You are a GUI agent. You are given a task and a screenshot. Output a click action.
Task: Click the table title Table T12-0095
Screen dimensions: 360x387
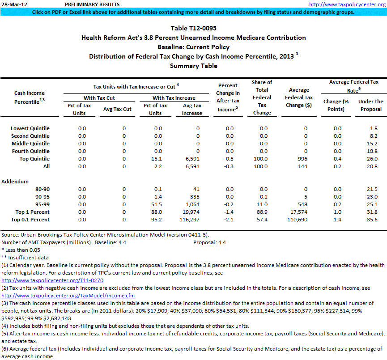pos(193,29)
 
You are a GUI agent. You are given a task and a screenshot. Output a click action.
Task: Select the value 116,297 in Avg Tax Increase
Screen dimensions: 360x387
pos(191,220)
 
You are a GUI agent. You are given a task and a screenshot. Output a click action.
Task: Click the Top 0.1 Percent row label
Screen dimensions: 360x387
pos(32,220)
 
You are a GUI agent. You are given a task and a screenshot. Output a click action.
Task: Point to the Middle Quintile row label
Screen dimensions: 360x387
pos(30,144)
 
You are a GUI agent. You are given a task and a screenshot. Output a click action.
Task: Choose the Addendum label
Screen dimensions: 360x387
pos(15,182)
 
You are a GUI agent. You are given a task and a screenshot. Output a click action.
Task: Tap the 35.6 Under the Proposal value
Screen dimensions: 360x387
pos(372,220)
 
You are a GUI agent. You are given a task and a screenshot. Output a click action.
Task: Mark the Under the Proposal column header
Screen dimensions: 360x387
pos(370,105)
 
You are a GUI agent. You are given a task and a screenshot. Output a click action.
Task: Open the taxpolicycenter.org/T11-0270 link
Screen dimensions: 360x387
pos(52,280)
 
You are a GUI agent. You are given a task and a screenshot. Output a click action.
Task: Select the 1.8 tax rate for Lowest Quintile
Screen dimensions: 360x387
pos(374,128)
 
